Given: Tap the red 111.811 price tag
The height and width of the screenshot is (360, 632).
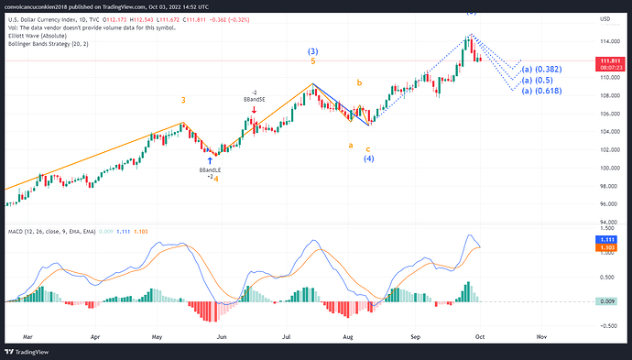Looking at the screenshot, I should click(x=607, y=60).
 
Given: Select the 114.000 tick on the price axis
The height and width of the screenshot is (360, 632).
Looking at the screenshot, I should click(x=607, y=41).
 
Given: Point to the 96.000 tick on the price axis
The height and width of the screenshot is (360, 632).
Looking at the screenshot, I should click(x=605, y=203).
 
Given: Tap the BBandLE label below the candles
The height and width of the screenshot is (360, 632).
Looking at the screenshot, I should click(x=210, y=169).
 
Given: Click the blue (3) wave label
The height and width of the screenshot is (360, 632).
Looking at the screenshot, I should click(x=313, y=50).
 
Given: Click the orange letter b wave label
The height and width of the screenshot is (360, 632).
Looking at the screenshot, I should click(x=359, y=83).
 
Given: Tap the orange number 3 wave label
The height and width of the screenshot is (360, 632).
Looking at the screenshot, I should click(x=183, y=100).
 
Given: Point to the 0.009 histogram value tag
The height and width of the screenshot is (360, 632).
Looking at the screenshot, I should click(x=605, y=300).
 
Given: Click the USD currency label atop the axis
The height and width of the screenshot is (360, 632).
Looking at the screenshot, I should click(x=605, y=18).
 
